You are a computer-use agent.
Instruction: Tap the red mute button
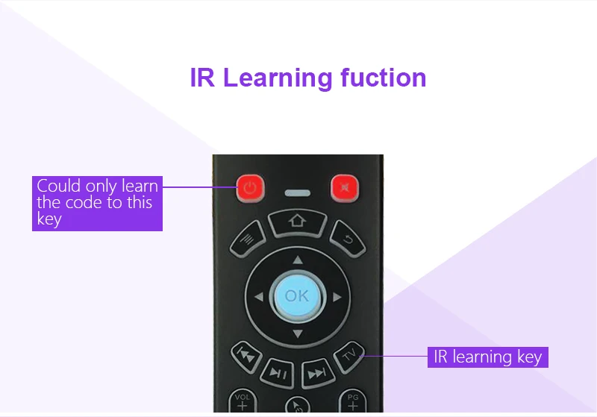pyautogui.click(x=345, y=187)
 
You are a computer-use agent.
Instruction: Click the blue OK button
pyautogui.click(x=297, y=295)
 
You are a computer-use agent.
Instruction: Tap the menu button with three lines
pyautogui.click(x=248, y=239)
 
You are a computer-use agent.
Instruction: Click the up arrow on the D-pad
pyautogui.click(x=298, y=260)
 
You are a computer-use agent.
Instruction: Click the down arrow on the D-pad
pyautogui.click(x=298, y=334)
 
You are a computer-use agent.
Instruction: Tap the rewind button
pyautogui.click(x=246, y=357)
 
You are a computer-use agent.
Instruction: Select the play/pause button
pyautogui.click(x=278, y=373)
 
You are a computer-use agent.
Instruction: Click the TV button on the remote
pyautogui.click(x=349, y=356)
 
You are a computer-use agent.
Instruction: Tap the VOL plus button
pyautogui.click(x=243, y=401)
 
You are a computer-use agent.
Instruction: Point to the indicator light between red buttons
pyautogui.click(x=297, y=193)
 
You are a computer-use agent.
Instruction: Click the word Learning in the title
pyautogui.click(x=278, y=78)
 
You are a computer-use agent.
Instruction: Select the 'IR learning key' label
pyautogui.click(x=488, y=357)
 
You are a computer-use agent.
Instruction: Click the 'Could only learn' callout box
pyautogui.click(x=97, y=203)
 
